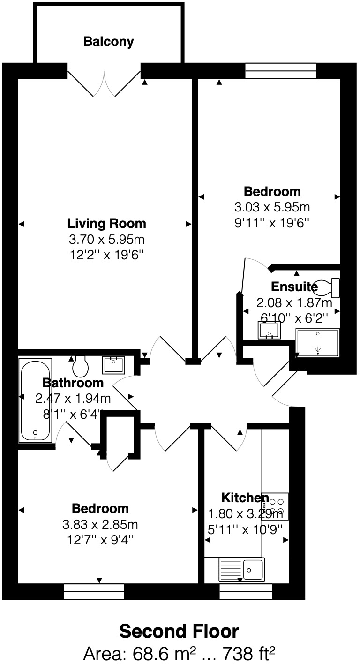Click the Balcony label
[x=108, y=42]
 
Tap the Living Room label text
[x=107, y=223]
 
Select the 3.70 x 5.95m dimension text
[x=106, y=240]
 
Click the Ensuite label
[x=287, y=287]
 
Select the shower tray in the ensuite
[x=318, y=342]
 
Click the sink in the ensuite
[x=269, y=330]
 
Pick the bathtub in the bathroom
[x=35, y=400]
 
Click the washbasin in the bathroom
[x=113, y=364]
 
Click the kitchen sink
[x=242, y=570]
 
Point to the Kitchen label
[x=245, y=498]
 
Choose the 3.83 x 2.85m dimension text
[x=100, y=524]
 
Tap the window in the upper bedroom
[x=281, y=71]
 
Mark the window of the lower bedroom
[x=94, y=591]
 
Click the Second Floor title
[x=179, y=632]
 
